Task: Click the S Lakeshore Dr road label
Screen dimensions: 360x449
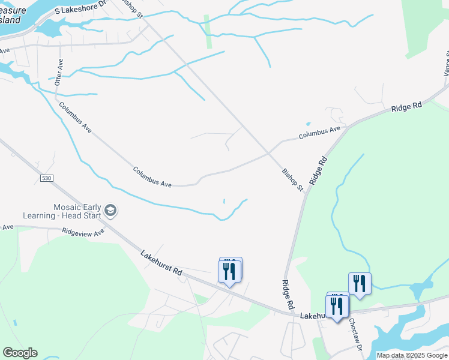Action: pyautogui.click(x=83, y=10)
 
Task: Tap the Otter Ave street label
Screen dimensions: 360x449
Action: pyautogui.click(x=59, y=72)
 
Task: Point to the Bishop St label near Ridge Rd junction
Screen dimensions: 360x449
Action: pyautogui.click(x=293, y=180)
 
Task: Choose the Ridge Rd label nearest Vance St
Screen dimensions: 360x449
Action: pyautogui.click(x=406, y=107)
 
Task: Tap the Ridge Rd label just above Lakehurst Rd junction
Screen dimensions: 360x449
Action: pyautogui.click(x=288, y=294)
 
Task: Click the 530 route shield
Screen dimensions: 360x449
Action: pyautogui.click(x=47, y=178)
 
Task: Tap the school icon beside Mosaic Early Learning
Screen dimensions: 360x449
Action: pyautogui.click(x=110, y=210)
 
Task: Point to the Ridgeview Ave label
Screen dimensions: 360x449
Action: pyautogui.click(x=83, y=232)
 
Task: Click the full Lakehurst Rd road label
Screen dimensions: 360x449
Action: pyautogui.click(x=161, y=263)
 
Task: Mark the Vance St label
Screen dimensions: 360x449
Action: pyautogui.click(x=446, y=63)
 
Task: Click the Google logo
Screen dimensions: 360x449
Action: pyautogui.click(x=20, y=353)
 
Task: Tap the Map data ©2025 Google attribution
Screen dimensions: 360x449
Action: pyautogui.click(x=412, y=355)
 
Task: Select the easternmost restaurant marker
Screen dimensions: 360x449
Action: pyautogui.click(x=360, y=283)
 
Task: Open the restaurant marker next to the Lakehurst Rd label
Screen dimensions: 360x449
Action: pyautogui.click(x=229, y=271)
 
